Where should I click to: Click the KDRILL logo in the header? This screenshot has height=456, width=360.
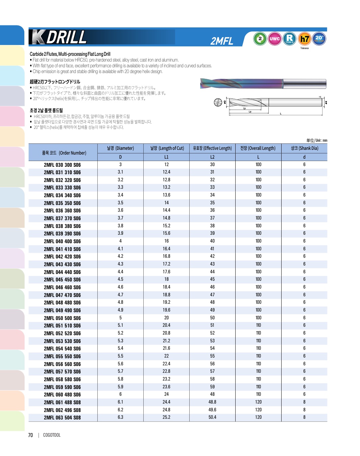click(x=59, y=37)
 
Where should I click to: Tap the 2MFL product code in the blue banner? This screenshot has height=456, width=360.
click(x=222, y=41)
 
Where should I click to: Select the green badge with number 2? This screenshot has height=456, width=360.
click(x=260, y=39)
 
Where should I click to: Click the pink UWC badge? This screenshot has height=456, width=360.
click(x=274, y=39)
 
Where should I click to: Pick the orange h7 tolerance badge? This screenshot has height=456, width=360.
click(x=305, y=39)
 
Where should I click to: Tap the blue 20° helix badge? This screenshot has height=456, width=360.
click(x=319, y=39)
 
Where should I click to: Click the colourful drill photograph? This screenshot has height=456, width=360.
click(x=263, y=84)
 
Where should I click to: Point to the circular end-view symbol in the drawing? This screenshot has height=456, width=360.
click(x=218, y=102)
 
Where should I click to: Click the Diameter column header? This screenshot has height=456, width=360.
click(x=120, y=148)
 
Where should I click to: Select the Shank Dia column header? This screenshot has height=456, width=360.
click(x=304, y=148)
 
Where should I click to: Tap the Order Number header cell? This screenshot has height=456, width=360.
click(x=64, y=153)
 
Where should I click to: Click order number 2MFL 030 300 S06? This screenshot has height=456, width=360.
click(x=62, y=165)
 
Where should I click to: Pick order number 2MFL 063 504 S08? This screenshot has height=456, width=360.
click(x=62, y=417)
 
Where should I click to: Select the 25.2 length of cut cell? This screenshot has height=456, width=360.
click(x=166, y=417)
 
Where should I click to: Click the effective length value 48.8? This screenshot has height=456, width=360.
click(x=212, y=402)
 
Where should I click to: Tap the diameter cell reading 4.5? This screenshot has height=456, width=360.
click(x=120, y=279)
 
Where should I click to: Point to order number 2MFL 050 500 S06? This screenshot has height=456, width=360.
click(x=62, y=318)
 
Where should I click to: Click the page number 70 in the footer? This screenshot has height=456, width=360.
click(x=30, y=435)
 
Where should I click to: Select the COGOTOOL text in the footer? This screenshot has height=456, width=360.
click(x=52, y=435)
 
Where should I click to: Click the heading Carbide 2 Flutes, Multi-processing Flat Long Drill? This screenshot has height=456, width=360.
click(x=70, y=54)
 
